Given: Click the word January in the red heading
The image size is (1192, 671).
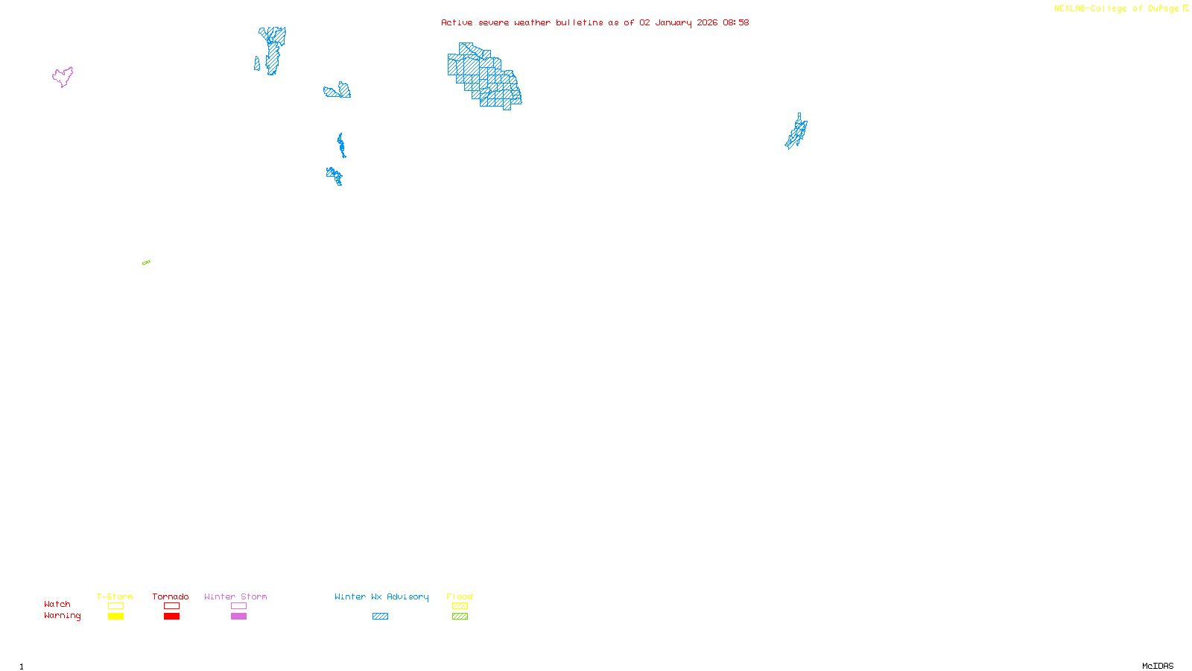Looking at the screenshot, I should pyautogui.click(x=673, y=22).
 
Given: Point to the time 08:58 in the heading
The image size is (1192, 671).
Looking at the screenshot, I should pyautogui.click(x=735, y=22).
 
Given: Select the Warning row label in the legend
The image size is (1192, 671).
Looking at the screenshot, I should pyautogui.click(x=62, y=616).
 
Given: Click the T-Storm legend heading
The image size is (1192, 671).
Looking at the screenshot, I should pyautogui.click(x=115, y=596).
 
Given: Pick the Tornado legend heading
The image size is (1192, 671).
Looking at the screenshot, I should pyautogui.click(x=171, y=596).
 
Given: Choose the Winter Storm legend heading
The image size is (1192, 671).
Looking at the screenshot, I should pyautogui.click(x=235, y=596).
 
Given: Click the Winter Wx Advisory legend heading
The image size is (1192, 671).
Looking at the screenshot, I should pyautogui.click(x=381, y=596).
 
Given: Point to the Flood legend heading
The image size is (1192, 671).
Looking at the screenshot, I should pyautogui.click(x=460, y=596).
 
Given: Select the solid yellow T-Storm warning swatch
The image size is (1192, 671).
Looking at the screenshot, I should pyautogui.click(x=115, y=617).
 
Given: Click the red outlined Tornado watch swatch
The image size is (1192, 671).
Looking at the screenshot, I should pyautogui.click(x=171, y=606).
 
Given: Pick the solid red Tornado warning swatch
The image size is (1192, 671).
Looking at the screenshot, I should pyautogui.click(x=171, y=617).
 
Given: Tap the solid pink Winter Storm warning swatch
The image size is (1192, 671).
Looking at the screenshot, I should pyautogui.click(x=238, y=617).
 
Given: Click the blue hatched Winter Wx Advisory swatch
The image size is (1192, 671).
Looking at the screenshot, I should pyautogui.click(x=380, y=617).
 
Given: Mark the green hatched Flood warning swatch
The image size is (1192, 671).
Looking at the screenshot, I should pyautogui.click(x=460, y=617).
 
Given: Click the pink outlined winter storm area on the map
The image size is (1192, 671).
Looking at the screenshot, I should pyautogui.click(x=63, y=76).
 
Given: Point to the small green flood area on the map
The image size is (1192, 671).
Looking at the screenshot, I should pyautogui.click(x=146, y=262).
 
